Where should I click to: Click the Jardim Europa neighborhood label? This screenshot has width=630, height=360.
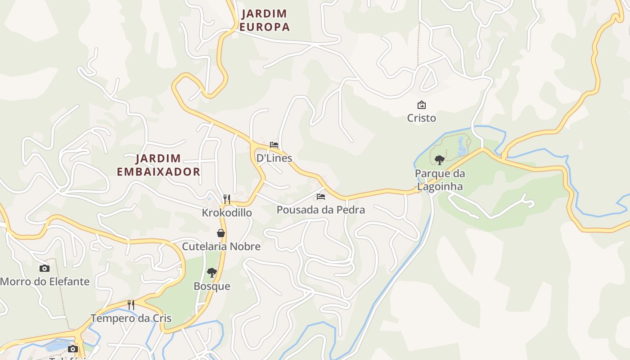(264, 20)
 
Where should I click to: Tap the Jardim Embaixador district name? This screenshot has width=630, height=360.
(158, 165)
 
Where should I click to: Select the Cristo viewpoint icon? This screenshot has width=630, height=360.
(422, 105)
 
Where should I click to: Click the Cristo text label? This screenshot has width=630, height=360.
(422, 118)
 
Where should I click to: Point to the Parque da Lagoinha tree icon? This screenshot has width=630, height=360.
(440, 160)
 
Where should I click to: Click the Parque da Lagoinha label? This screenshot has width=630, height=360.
(440, 180)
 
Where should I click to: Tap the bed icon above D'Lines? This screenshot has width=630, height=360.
(274, 145)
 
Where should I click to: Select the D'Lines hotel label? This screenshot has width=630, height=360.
(274, 158)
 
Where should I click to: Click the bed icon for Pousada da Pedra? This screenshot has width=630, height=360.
(321, 197)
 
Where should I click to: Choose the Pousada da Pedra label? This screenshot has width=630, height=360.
(321, 210)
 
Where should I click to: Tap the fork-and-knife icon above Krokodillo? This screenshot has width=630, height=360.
(227, 199)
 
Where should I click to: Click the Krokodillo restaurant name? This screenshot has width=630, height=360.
(227, 212)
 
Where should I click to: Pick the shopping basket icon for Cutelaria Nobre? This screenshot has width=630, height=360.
(221, 233)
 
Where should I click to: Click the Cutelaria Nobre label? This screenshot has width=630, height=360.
(221, 247)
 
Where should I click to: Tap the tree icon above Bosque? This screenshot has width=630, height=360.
(212, 272)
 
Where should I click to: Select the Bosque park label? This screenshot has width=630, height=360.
(212, 286)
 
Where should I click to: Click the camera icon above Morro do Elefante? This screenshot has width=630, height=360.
(45, 268)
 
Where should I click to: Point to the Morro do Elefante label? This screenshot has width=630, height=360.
(45, 282)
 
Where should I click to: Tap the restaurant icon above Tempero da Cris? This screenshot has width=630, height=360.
(131, 305)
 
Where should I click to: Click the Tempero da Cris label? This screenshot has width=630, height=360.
(131, 318)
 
